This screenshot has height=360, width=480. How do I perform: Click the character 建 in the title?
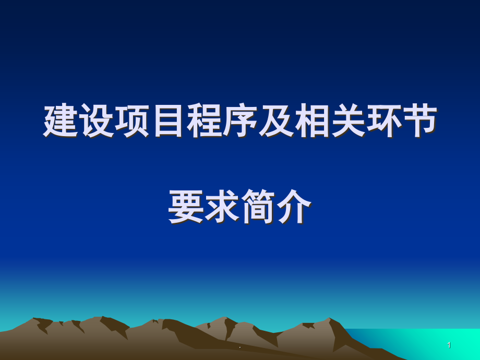pos(61,121)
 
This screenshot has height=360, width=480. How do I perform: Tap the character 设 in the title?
pos(97,121)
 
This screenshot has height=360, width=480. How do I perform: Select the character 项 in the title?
pos(132,121)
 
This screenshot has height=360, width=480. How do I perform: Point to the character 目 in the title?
pos(169,121)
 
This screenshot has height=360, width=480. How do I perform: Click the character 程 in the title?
pos(204,121)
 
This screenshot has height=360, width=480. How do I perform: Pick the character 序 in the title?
pos(241,121)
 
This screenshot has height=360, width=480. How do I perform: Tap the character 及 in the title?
pos(276,121)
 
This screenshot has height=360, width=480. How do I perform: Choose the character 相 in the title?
pos(312,121)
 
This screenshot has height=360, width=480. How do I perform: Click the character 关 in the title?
pos(348,121)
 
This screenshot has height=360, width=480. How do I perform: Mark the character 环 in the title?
pos(384,121)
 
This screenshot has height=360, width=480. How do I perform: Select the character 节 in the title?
pos(420,121)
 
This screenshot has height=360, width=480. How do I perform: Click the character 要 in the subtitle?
pos(186,207)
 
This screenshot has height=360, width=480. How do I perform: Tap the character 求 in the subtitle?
pos(222,207)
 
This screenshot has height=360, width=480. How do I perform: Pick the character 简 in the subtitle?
pos(258,207)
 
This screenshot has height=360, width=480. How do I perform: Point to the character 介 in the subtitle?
pos(294,207)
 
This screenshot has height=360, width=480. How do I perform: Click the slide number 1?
pos(449,345)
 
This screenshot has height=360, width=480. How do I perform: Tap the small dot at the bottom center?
pos(240,347)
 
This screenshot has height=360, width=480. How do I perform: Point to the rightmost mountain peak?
pos(330,318)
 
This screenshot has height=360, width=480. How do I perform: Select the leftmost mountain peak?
pos(34,319)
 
